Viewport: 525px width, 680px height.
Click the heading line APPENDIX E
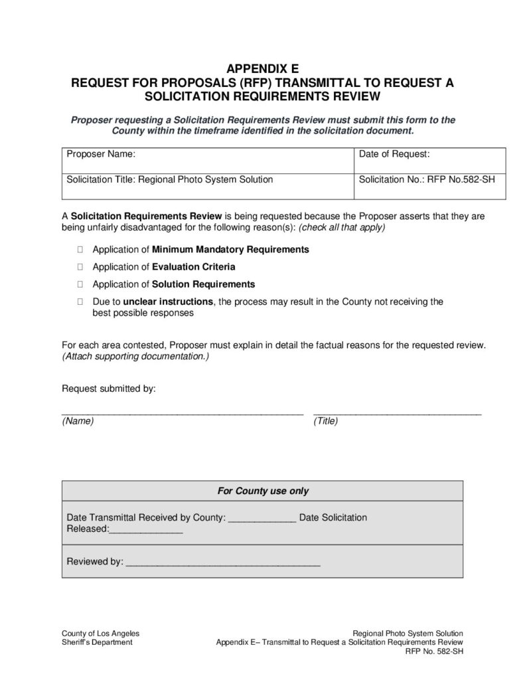(262, 68)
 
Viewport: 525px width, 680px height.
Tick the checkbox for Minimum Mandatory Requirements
(80, 250)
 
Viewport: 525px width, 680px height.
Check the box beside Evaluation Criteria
(80, 267)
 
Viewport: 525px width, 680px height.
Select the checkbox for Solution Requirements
(80, 284)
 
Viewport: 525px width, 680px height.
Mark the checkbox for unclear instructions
(80, 301)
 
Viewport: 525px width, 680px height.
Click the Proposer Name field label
(101, 154)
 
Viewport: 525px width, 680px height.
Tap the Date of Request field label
(394, 154)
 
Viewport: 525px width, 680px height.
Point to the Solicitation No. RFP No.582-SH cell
(427, 179)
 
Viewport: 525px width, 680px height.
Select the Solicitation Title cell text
(169, 179)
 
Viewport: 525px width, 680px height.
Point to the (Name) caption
(78, 422)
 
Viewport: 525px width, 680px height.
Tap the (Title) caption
(326, 422)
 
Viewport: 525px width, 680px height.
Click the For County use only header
(263, 491)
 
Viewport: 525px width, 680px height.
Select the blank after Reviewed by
(223, 563)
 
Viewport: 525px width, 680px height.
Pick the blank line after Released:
(145, 530)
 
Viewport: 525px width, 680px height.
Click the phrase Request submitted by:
(108, 388)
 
